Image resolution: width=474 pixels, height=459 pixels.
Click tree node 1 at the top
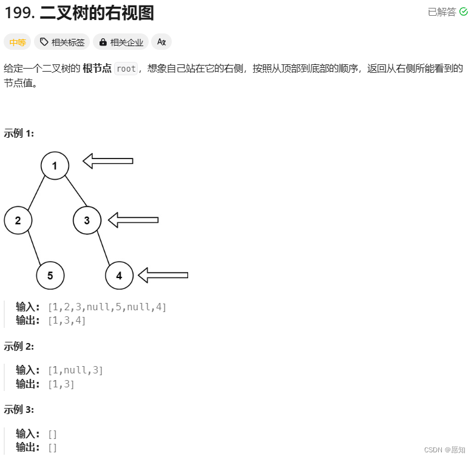(55, 165)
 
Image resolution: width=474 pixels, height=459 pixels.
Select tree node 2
(18, 220)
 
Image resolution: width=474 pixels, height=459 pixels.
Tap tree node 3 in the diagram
(87, 220)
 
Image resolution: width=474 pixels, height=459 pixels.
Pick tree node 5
(50, 276)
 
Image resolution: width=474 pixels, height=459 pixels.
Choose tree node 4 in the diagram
(119, 276)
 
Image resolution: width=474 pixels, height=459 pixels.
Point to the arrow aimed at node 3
(133, 220)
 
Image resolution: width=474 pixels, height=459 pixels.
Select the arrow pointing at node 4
(163, 275)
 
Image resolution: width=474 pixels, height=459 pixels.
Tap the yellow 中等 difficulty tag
(17, 42)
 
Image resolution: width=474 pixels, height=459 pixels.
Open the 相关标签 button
(62, 42)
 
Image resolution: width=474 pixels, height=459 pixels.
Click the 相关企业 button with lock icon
(121, 42)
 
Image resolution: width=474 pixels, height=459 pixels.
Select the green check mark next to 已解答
(464, 12)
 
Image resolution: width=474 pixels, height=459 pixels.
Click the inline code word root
(126, 69)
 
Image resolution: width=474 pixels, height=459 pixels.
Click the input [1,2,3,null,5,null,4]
(107, 307)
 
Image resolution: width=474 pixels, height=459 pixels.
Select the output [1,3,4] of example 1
(67, 321)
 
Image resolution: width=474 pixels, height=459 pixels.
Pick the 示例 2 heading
(19, 346)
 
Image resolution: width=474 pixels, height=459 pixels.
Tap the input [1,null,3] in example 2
(75, 370)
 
